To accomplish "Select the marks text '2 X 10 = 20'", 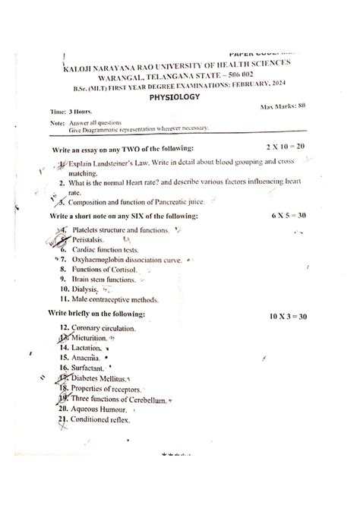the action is click(285, 146).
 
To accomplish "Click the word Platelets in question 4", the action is click(88, 229).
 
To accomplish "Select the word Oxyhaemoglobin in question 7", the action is click(101, 260).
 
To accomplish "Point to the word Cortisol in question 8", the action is click(123, 270).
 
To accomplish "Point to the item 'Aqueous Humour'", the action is click(103, 409).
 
